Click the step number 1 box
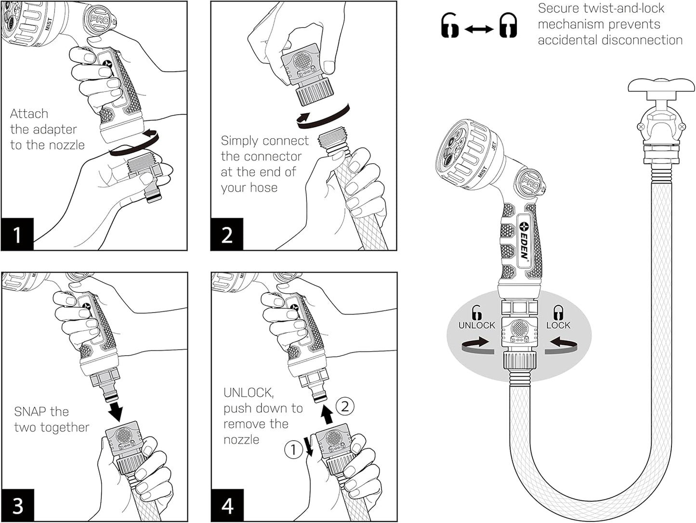click(x=17, y=234)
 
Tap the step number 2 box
click(x=227, y=234)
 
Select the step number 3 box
click(x=17, y=506)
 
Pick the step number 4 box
click(x=227, y=506)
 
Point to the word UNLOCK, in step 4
click(x=248, y=393)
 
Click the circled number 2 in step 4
click(x=345, y=406)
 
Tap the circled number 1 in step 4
click(x=293, y=450)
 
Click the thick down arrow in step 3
click(x=115, y=410)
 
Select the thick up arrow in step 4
click(x=327, y=414)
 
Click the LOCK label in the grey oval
click(x=558, y=325)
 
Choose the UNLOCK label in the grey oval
click(x=476, y=325)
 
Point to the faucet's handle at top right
click(x=661, y=86)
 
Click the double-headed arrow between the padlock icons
click(x=478, y=30)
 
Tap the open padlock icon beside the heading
click(x=450, y=26)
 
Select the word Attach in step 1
click(x=29, y=114)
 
